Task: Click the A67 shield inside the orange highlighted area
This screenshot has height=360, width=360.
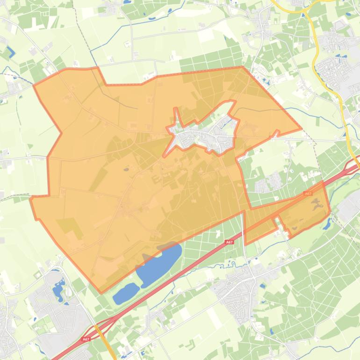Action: point(308,193)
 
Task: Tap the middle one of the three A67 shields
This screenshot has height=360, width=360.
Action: point(229,242)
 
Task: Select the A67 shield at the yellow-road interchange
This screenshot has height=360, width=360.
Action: point(86,339)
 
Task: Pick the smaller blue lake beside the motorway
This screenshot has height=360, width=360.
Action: point(125,293)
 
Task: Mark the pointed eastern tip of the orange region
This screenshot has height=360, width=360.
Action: point(301,129)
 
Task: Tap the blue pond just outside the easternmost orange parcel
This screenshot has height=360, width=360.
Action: point(327,223)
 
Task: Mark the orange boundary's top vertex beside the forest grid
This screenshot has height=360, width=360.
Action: point(242,67)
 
